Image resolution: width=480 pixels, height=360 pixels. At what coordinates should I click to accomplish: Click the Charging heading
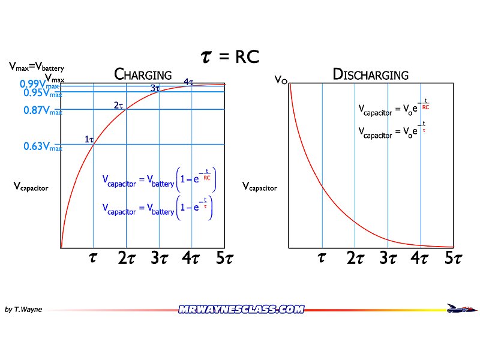pos(143,75)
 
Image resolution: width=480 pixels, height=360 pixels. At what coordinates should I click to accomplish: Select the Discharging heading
pos(370,75)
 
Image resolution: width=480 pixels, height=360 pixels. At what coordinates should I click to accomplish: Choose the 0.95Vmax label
pos(42,93)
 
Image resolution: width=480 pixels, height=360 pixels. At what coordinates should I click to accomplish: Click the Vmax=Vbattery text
pos(36,68)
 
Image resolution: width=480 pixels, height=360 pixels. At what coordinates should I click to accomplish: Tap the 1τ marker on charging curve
pos(89,140)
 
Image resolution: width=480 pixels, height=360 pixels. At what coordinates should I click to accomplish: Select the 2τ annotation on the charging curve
pos(118,106)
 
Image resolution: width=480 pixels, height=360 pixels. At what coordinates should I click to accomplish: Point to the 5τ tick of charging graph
pos(223,259)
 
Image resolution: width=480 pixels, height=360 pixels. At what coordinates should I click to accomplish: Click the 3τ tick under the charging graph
pos(158,259)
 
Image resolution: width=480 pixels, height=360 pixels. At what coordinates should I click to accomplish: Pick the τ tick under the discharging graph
pos(322,258)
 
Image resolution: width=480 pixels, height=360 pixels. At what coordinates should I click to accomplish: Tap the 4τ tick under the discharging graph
pos(419,259)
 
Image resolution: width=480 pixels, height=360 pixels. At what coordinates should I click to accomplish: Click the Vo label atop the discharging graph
pos(280,79)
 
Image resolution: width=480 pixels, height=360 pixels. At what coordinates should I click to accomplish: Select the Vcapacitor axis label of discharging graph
pos(260,187)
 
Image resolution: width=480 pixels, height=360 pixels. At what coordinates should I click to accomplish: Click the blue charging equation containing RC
pos(158,179)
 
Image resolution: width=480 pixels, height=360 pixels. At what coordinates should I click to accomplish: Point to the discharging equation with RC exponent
pos(394,108)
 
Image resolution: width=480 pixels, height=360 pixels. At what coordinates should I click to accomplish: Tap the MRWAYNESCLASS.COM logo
pos(241,310)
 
